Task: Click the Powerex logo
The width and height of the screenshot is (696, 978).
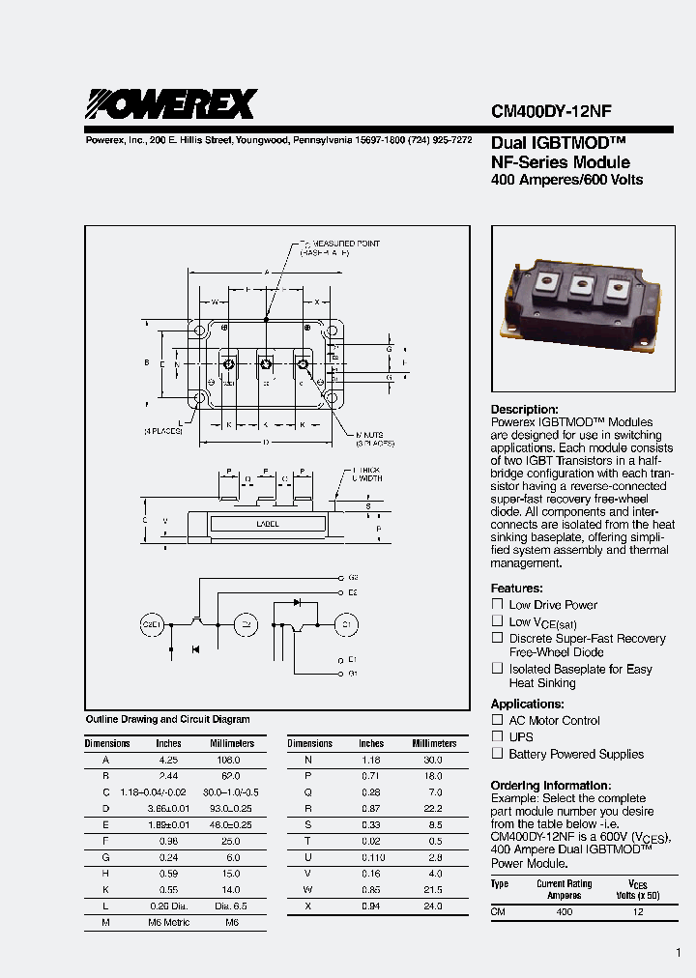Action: [171, 102]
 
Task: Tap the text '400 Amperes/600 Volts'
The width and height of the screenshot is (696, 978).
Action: [566, 180]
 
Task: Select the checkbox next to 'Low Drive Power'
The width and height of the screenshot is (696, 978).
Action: [498, 604]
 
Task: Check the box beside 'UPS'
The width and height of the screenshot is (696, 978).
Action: [498, 736]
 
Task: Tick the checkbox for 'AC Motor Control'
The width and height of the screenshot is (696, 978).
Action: [498, 720]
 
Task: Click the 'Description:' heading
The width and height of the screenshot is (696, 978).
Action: [524, 410]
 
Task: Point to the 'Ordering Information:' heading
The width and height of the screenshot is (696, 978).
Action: [550, 786]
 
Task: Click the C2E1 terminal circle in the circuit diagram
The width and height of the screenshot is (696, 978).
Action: [154, 625]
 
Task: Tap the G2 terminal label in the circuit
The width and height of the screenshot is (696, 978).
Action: [353, 577]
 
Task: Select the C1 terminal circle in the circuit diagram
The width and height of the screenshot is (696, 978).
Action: [348, 625]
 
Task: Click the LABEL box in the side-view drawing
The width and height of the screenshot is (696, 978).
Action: [268, 524]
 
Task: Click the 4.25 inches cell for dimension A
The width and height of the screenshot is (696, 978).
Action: [168, 761]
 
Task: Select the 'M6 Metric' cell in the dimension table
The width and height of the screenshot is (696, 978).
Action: [168, 923]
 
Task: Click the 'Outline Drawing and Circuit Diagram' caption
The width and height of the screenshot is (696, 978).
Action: [167, 719]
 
